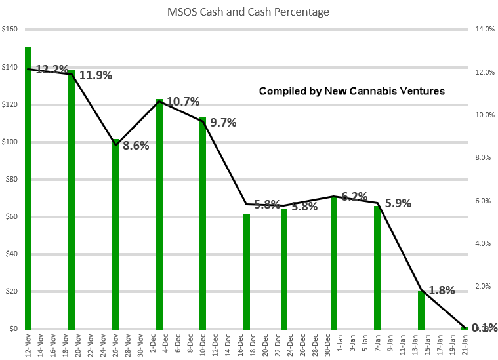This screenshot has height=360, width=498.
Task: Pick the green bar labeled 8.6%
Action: tap(115, 236)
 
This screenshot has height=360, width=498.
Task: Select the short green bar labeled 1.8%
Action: tap(421, 311)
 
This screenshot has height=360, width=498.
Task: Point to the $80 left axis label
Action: tap(12, 180)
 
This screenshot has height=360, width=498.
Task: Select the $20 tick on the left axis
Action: tap(12, 292)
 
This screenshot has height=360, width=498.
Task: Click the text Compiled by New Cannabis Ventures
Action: tap(352, 91)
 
